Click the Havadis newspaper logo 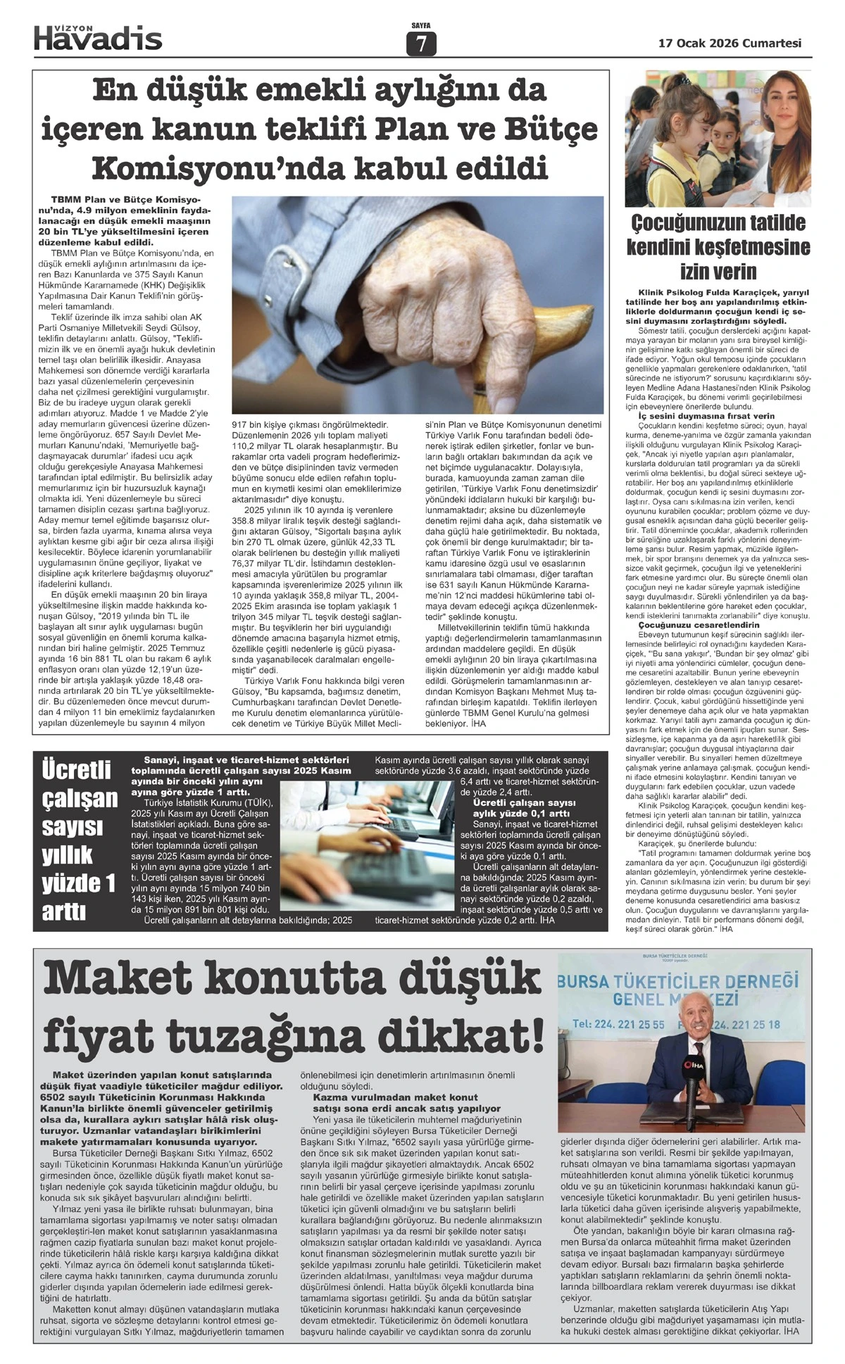point(98,37)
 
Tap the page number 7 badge point(421,44)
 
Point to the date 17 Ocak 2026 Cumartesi point(730,43)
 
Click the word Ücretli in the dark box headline point(77,769)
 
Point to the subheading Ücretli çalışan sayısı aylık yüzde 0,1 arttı point(525,808)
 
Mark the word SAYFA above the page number point(421,26)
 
